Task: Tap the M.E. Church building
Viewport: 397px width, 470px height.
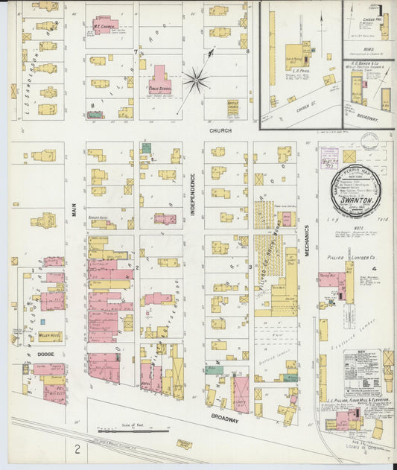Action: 104,25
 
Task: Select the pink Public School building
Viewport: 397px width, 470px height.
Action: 159,81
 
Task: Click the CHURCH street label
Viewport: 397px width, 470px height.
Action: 220,130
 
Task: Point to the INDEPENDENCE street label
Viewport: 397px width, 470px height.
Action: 191,195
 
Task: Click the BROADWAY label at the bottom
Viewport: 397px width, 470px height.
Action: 224,420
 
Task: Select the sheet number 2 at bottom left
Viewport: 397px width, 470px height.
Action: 77,449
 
